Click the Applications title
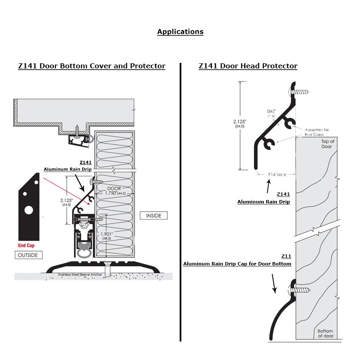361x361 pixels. click(x=180, y=32)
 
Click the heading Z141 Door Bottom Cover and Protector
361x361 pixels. click(x=92, y=66)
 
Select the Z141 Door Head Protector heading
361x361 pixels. click(x=248, y=66)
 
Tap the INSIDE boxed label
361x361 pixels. click(x=153, y=216)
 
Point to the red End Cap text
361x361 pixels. click(x=26, y=245)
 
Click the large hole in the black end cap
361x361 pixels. click(x=29, y=210)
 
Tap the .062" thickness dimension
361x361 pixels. click(x=272, y=113)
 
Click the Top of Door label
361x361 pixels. click(x=327, y=144)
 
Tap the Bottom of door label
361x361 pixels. click(x=325, y=333)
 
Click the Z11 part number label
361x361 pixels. click(x=286, y=256)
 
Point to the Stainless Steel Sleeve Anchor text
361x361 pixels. click(x=80, y=275)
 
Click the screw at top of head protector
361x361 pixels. click(x=300, y=92)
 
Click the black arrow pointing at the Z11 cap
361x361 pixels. click(x=274, y=284)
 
